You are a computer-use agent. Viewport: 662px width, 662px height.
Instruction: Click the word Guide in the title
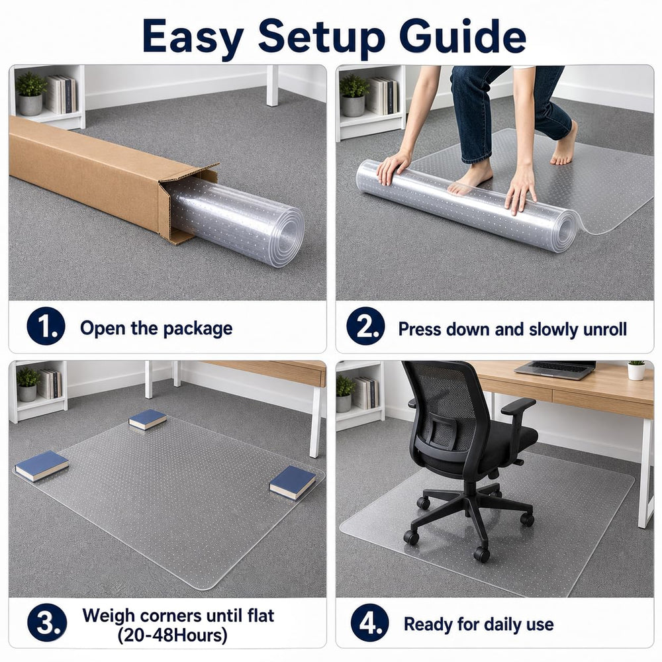coord(462,36)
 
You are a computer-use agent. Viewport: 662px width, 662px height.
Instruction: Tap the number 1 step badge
coord(46,326)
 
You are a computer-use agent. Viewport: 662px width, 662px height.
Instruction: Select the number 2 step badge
coord(365,326)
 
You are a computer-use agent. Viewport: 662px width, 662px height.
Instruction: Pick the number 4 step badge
coord(370,623)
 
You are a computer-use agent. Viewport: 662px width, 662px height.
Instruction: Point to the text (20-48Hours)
coord(172,635)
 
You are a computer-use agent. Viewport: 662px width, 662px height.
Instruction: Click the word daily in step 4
coord(479,624)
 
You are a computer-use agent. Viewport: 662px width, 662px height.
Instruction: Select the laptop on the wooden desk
coord(555,370)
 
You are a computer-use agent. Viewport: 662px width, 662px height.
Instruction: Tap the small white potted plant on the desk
coord(636,370)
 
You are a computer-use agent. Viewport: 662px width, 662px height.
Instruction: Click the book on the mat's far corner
coord(148,420)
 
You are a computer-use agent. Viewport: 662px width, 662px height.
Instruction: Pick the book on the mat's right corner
coord(293,483)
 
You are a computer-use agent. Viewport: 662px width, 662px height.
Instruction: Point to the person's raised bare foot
coord(565,144)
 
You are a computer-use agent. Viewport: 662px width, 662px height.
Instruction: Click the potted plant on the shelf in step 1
coord(30,93)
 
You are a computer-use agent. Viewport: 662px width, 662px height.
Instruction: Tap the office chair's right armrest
coord(518,406)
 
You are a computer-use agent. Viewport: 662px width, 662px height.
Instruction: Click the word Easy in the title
coord(193,36)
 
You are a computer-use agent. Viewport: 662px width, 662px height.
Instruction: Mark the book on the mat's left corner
coord(42,465)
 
